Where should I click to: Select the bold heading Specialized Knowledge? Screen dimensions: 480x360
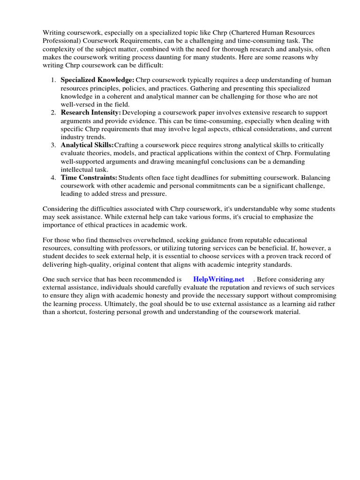[97, 80]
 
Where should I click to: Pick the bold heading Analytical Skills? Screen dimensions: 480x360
[87, 145]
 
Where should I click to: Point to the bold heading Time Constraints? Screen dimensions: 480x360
[89, 178]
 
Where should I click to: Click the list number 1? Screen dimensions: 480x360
[53, 80]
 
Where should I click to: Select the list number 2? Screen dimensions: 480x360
[53, 113]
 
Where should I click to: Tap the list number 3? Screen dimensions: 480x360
[53, 145]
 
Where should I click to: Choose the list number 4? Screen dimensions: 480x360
[53, 178]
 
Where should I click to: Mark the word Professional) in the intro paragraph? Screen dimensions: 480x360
[62, 41]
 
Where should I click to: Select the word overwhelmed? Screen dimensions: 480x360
[149, 240]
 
